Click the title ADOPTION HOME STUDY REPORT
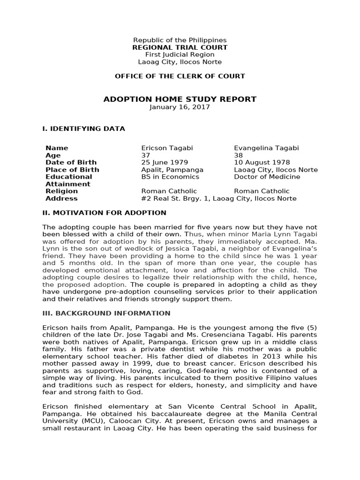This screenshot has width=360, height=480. pyautogui.click(x=180, y=99)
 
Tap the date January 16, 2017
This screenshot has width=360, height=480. pyautogui.click(x=180, y=107)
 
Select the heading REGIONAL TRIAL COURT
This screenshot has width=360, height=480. pyautogui.click(x=180, y=47)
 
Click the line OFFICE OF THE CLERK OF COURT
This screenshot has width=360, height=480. pyautogui.click(x=180, y=76)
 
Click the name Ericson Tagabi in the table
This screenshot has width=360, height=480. pyautogui.click(x=166, y=148)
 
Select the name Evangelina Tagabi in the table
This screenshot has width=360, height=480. pyautogui.click(x=266, y=148)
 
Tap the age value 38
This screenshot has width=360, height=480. pyautogui.click(x=238, y=155)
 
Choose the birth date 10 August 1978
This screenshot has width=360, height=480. pyautogui.click(x=262, y=163)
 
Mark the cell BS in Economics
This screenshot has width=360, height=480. pyautogui.click(x=170, y=177)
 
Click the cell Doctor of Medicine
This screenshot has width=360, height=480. pyautogui.click(x=267, y=177)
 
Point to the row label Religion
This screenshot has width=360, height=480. pyautogui.click(x=61, y=191)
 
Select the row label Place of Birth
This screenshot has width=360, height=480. pyautogui.click(x=72, y=170)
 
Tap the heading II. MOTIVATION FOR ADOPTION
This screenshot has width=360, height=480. pyautogui.click(x=104, y=213)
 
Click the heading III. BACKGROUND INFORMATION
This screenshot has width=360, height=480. pyautogui.click(x=106, y=313)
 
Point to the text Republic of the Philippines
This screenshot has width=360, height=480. pyautogui.click(x=180, y=40)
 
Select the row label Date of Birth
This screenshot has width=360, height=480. pyautogui.click(x=70, y=163)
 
